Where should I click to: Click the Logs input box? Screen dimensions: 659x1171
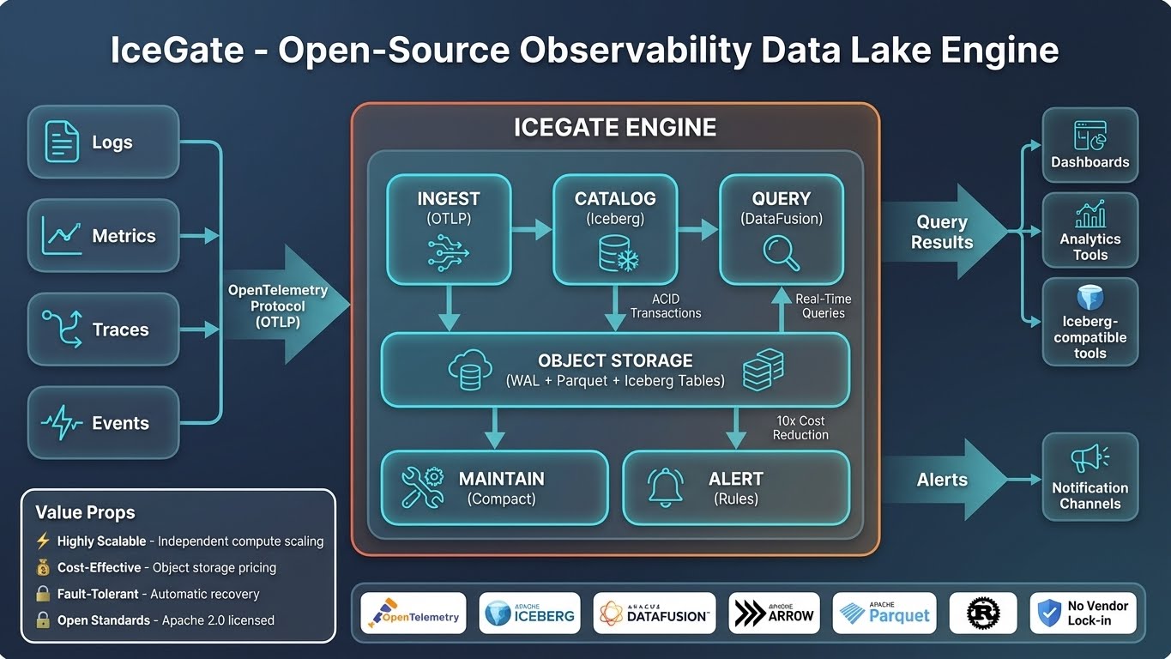(x=104, y=142)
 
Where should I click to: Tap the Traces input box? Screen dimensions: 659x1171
(x=104, y=329)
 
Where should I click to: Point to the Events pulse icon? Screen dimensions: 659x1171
(x=62, y=423)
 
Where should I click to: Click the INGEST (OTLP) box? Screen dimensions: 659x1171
(x=449, y=229)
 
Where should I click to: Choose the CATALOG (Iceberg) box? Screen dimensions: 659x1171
(x=615, y=229)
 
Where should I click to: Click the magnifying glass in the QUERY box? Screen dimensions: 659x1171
(x=781, y=252)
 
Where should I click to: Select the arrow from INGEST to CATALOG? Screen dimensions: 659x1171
(x=532, y=229)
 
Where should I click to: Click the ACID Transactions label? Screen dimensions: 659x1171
(x=666, y=305)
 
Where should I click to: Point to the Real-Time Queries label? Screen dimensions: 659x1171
(x=823, y=305)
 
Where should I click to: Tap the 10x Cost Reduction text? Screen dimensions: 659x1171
(x=800, y=427)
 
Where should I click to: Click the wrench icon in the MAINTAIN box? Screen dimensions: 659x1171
(x=422, y=487)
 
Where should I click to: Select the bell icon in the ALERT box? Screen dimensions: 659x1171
(x=666, y=487)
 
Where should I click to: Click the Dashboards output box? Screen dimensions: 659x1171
(x=1090, y=145)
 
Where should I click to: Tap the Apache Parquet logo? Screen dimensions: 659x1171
(x=884, y=613)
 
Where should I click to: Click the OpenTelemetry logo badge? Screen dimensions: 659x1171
(x=413, y=613)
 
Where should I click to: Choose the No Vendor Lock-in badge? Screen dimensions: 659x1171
(x=1083, y=613)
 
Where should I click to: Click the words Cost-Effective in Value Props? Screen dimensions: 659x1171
(x=99, y=567)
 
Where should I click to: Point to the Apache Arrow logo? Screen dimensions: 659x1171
(x=774, y=613)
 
